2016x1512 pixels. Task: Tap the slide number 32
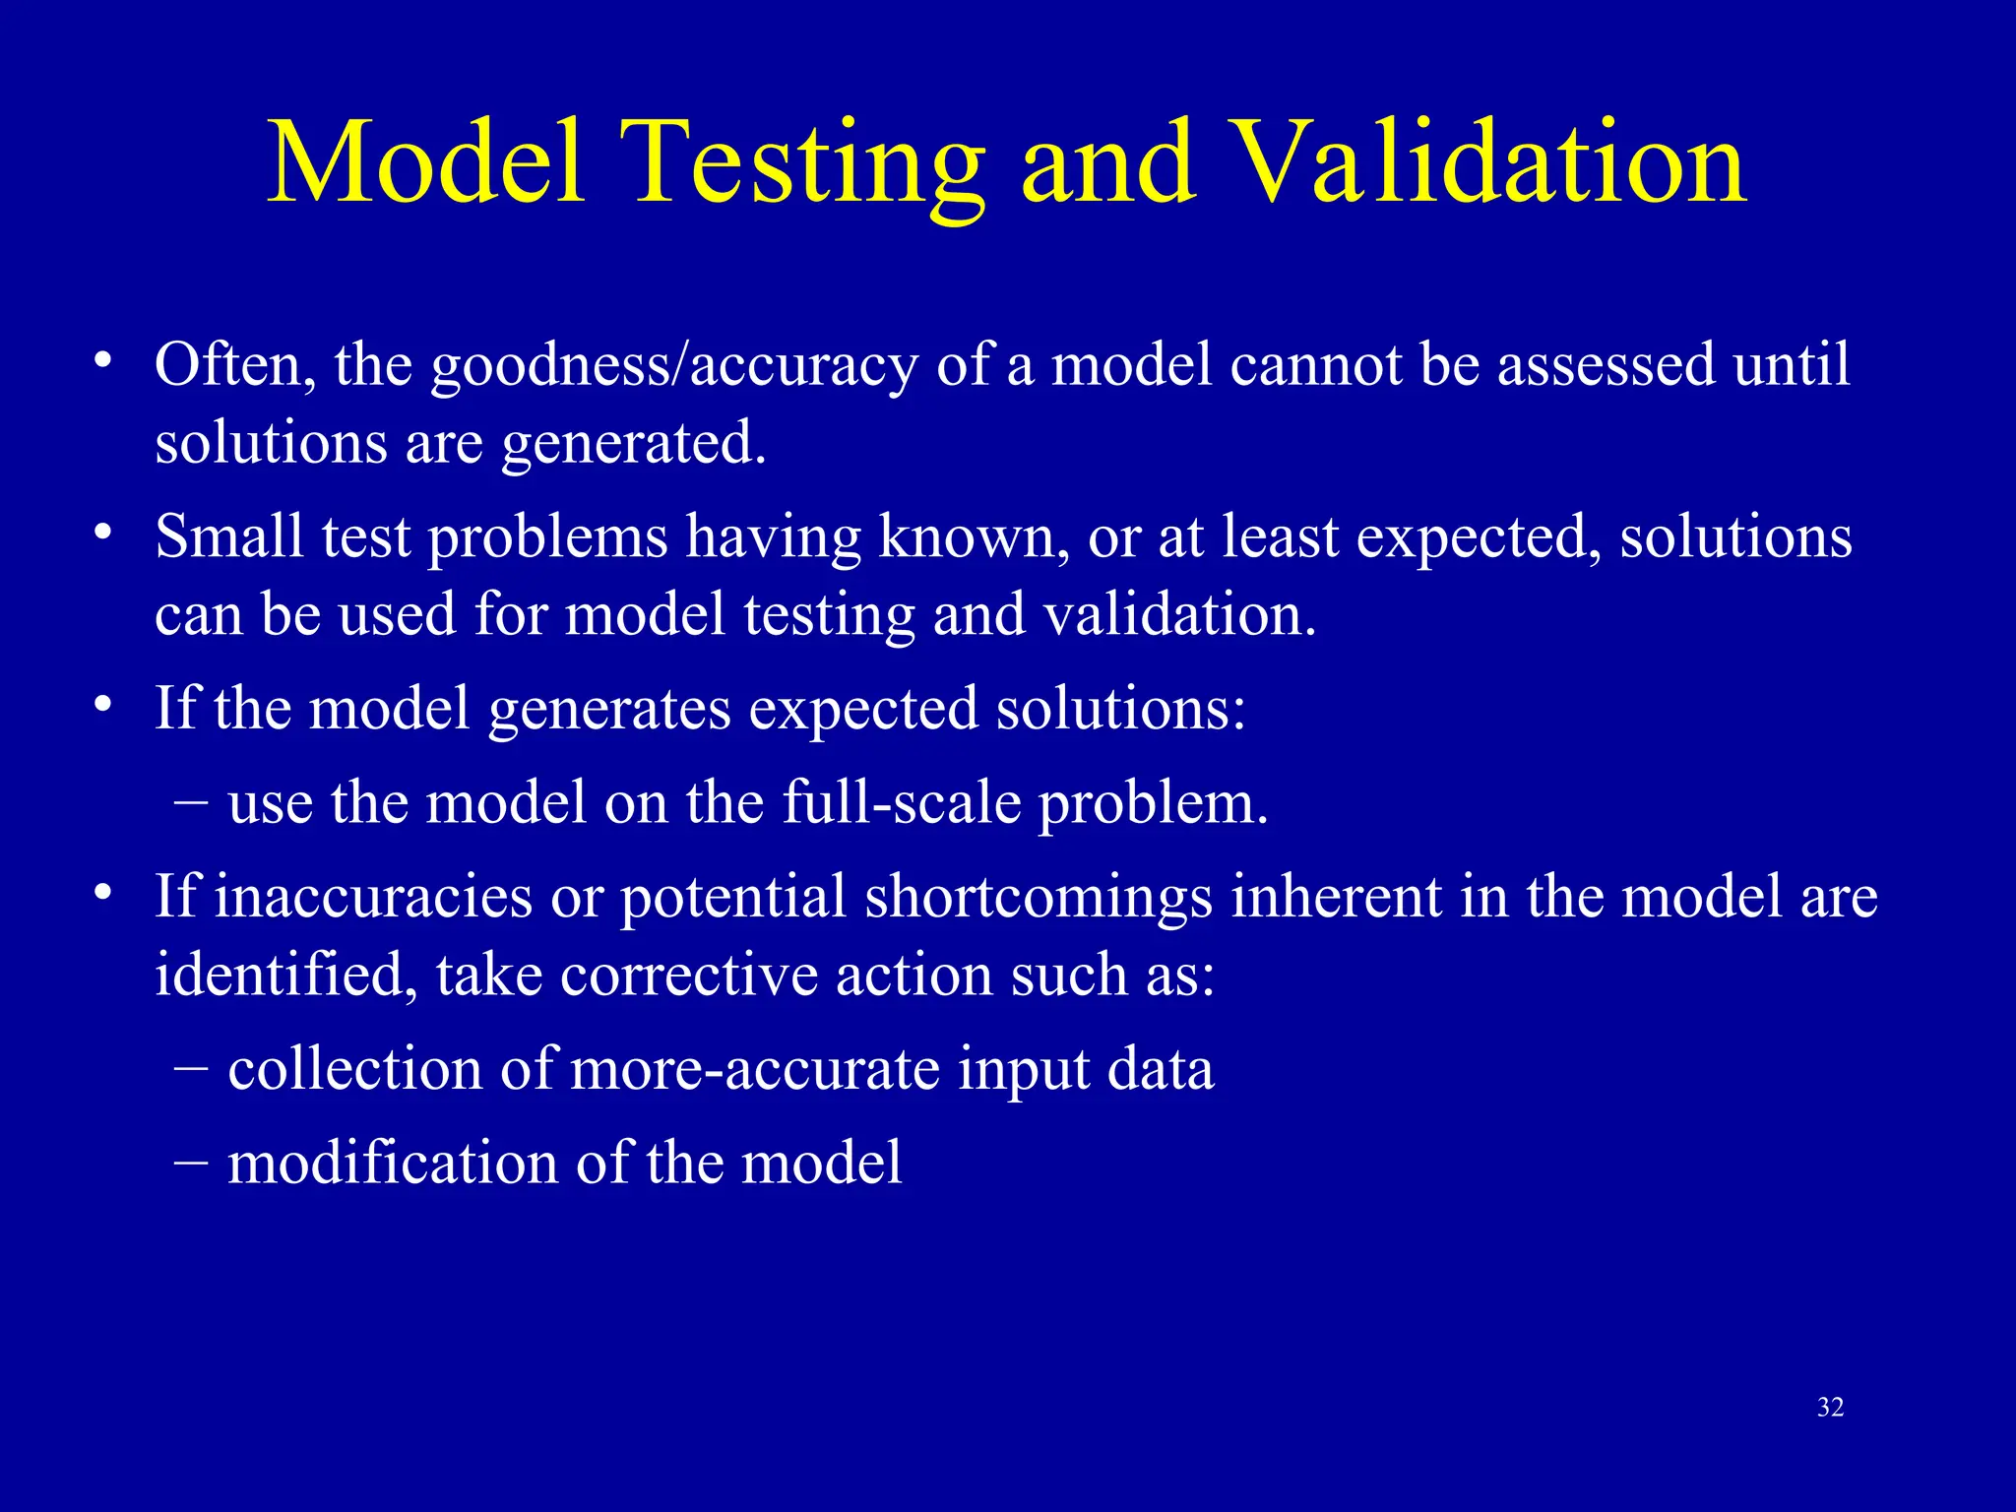[1830, 1408]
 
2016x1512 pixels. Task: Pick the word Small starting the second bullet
[228, 537]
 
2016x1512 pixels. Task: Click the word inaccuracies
[372, 898]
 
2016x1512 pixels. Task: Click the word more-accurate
[754, 1069]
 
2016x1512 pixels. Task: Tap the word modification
[392, 1164]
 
